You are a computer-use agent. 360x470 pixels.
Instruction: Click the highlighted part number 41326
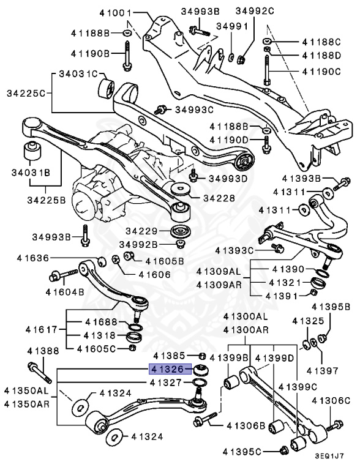169,370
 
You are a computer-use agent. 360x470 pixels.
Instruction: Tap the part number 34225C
25,94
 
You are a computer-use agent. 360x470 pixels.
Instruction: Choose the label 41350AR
26,403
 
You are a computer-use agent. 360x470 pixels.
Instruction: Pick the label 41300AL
245,317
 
